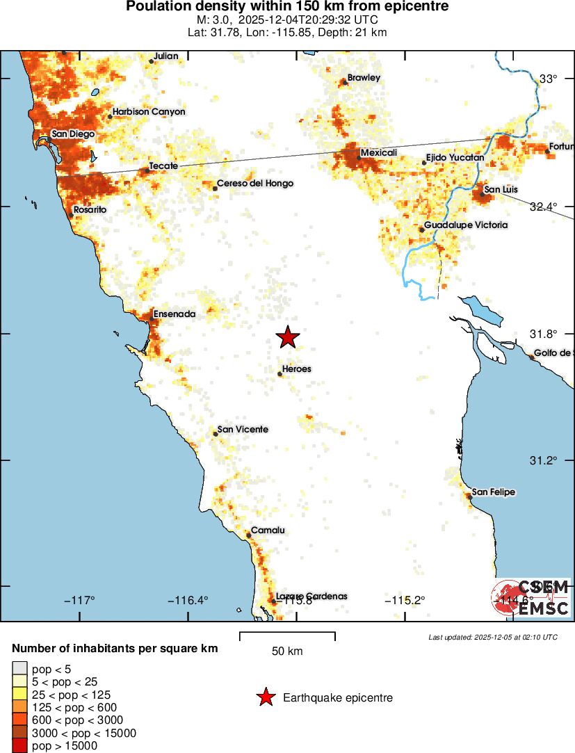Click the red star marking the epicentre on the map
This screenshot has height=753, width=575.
288,337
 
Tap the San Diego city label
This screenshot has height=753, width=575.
73,134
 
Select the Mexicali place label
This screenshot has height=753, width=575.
378,152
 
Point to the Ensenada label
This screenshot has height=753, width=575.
174,314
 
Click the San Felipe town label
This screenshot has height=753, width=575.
494,492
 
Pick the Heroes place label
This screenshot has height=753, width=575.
297,369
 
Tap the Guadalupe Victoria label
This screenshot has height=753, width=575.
466,225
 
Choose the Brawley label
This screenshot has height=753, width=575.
364,78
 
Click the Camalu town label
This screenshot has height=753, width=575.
268,531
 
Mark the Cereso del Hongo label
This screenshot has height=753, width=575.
255,184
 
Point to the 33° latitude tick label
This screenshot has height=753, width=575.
549,79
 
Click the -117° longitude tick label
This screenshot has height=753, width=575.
79,601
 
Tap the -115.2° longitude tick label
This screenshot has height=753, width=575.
405,601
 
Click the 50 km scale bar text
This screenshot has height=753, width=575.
286,651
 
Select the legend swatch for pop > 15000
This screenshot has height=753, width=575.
19,746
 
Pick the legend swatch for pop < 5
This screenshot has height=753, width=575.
19,669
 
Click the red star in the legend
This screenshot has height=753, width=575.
266,697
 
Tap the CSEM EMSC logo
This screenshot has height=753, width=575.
532,598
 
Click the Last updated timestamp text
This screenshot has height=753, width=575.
493,637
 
